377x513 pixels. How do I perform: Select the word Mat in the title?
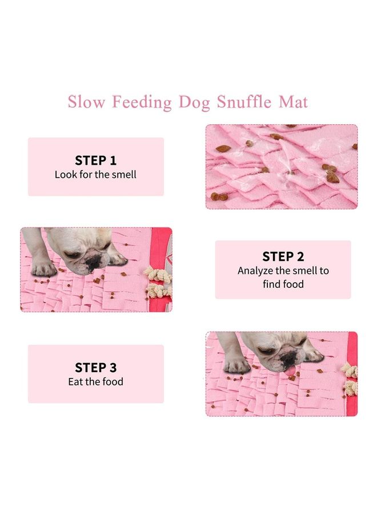[293, 103]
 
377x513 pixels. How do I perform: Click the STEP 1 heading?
[95, 160]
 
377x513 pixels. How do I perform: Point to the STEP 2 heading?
[283, 256]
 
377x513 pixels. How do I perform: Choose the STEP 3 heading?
[95, 368]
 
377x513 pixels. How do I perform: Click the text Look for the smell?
[95, 174]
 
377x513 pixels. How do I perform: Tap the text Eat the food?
[95, 382]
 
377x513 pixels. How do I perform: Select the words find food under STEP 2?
[283, 284]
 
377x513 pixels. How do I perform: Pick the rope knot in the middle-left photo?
[159, 283]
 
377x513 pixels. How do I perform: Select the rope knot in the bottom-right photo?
[348, 379]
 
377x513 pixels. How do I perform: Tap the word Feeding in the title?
[142, 103]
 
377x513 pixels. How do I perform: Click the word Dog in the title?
[194, 103]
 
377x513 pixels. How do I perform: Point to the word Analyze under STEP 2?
[258, 271]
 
